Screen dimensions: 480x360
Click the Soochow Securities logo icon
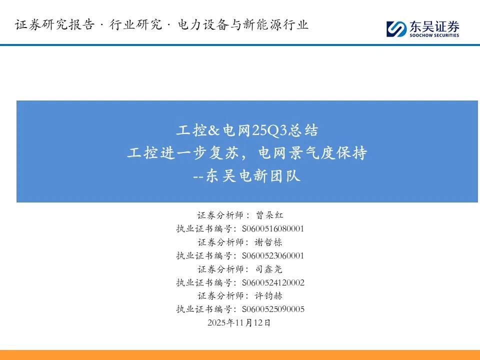(x=396, y=29)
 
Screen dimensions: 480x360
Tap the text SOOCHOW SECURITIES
(x=434, y=35)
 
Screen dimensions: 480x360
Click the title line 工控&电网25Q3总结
(x=247, y=130)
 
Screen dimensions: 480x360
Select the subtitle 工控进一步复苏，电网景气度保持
(x=247, y=153)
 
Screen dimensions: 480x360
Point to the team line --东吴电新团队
(x=246, y=176)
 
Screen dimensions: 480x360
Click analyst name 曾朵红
(x=269, y=215)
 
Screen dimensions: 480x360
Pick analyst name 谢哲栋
(x=268, y=242)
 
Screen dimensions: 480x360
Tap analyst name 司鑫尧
(x=269, y=269)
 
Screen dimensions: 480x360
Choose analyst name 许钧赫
(x=268, y=295)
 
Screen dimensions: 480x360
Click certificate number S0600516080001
(x=273, y=228)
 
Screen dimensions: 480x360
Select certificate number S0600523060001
(x=273, y=255)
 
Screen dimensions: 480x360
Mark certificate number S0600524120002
(x=273, y=282)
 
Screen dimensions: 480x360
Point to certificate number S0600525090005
(x=273, y=309)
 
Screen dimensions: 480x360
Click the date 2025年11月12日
(x=239, y=322)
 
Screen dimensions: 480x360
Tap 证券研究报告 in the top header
(x=55, y=24)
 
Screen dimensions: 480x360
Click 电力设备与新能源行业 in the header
(x=243, y=24)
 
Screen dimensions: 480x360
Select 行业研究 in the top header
(x=136, y=24)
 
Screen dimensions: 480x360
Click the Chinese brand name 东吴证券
(x=434, y=26)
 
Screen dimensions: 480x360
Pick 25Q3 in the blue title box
(x=269, y=130)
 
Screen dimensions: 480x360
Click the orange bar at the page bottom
(x=240, y=355)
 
